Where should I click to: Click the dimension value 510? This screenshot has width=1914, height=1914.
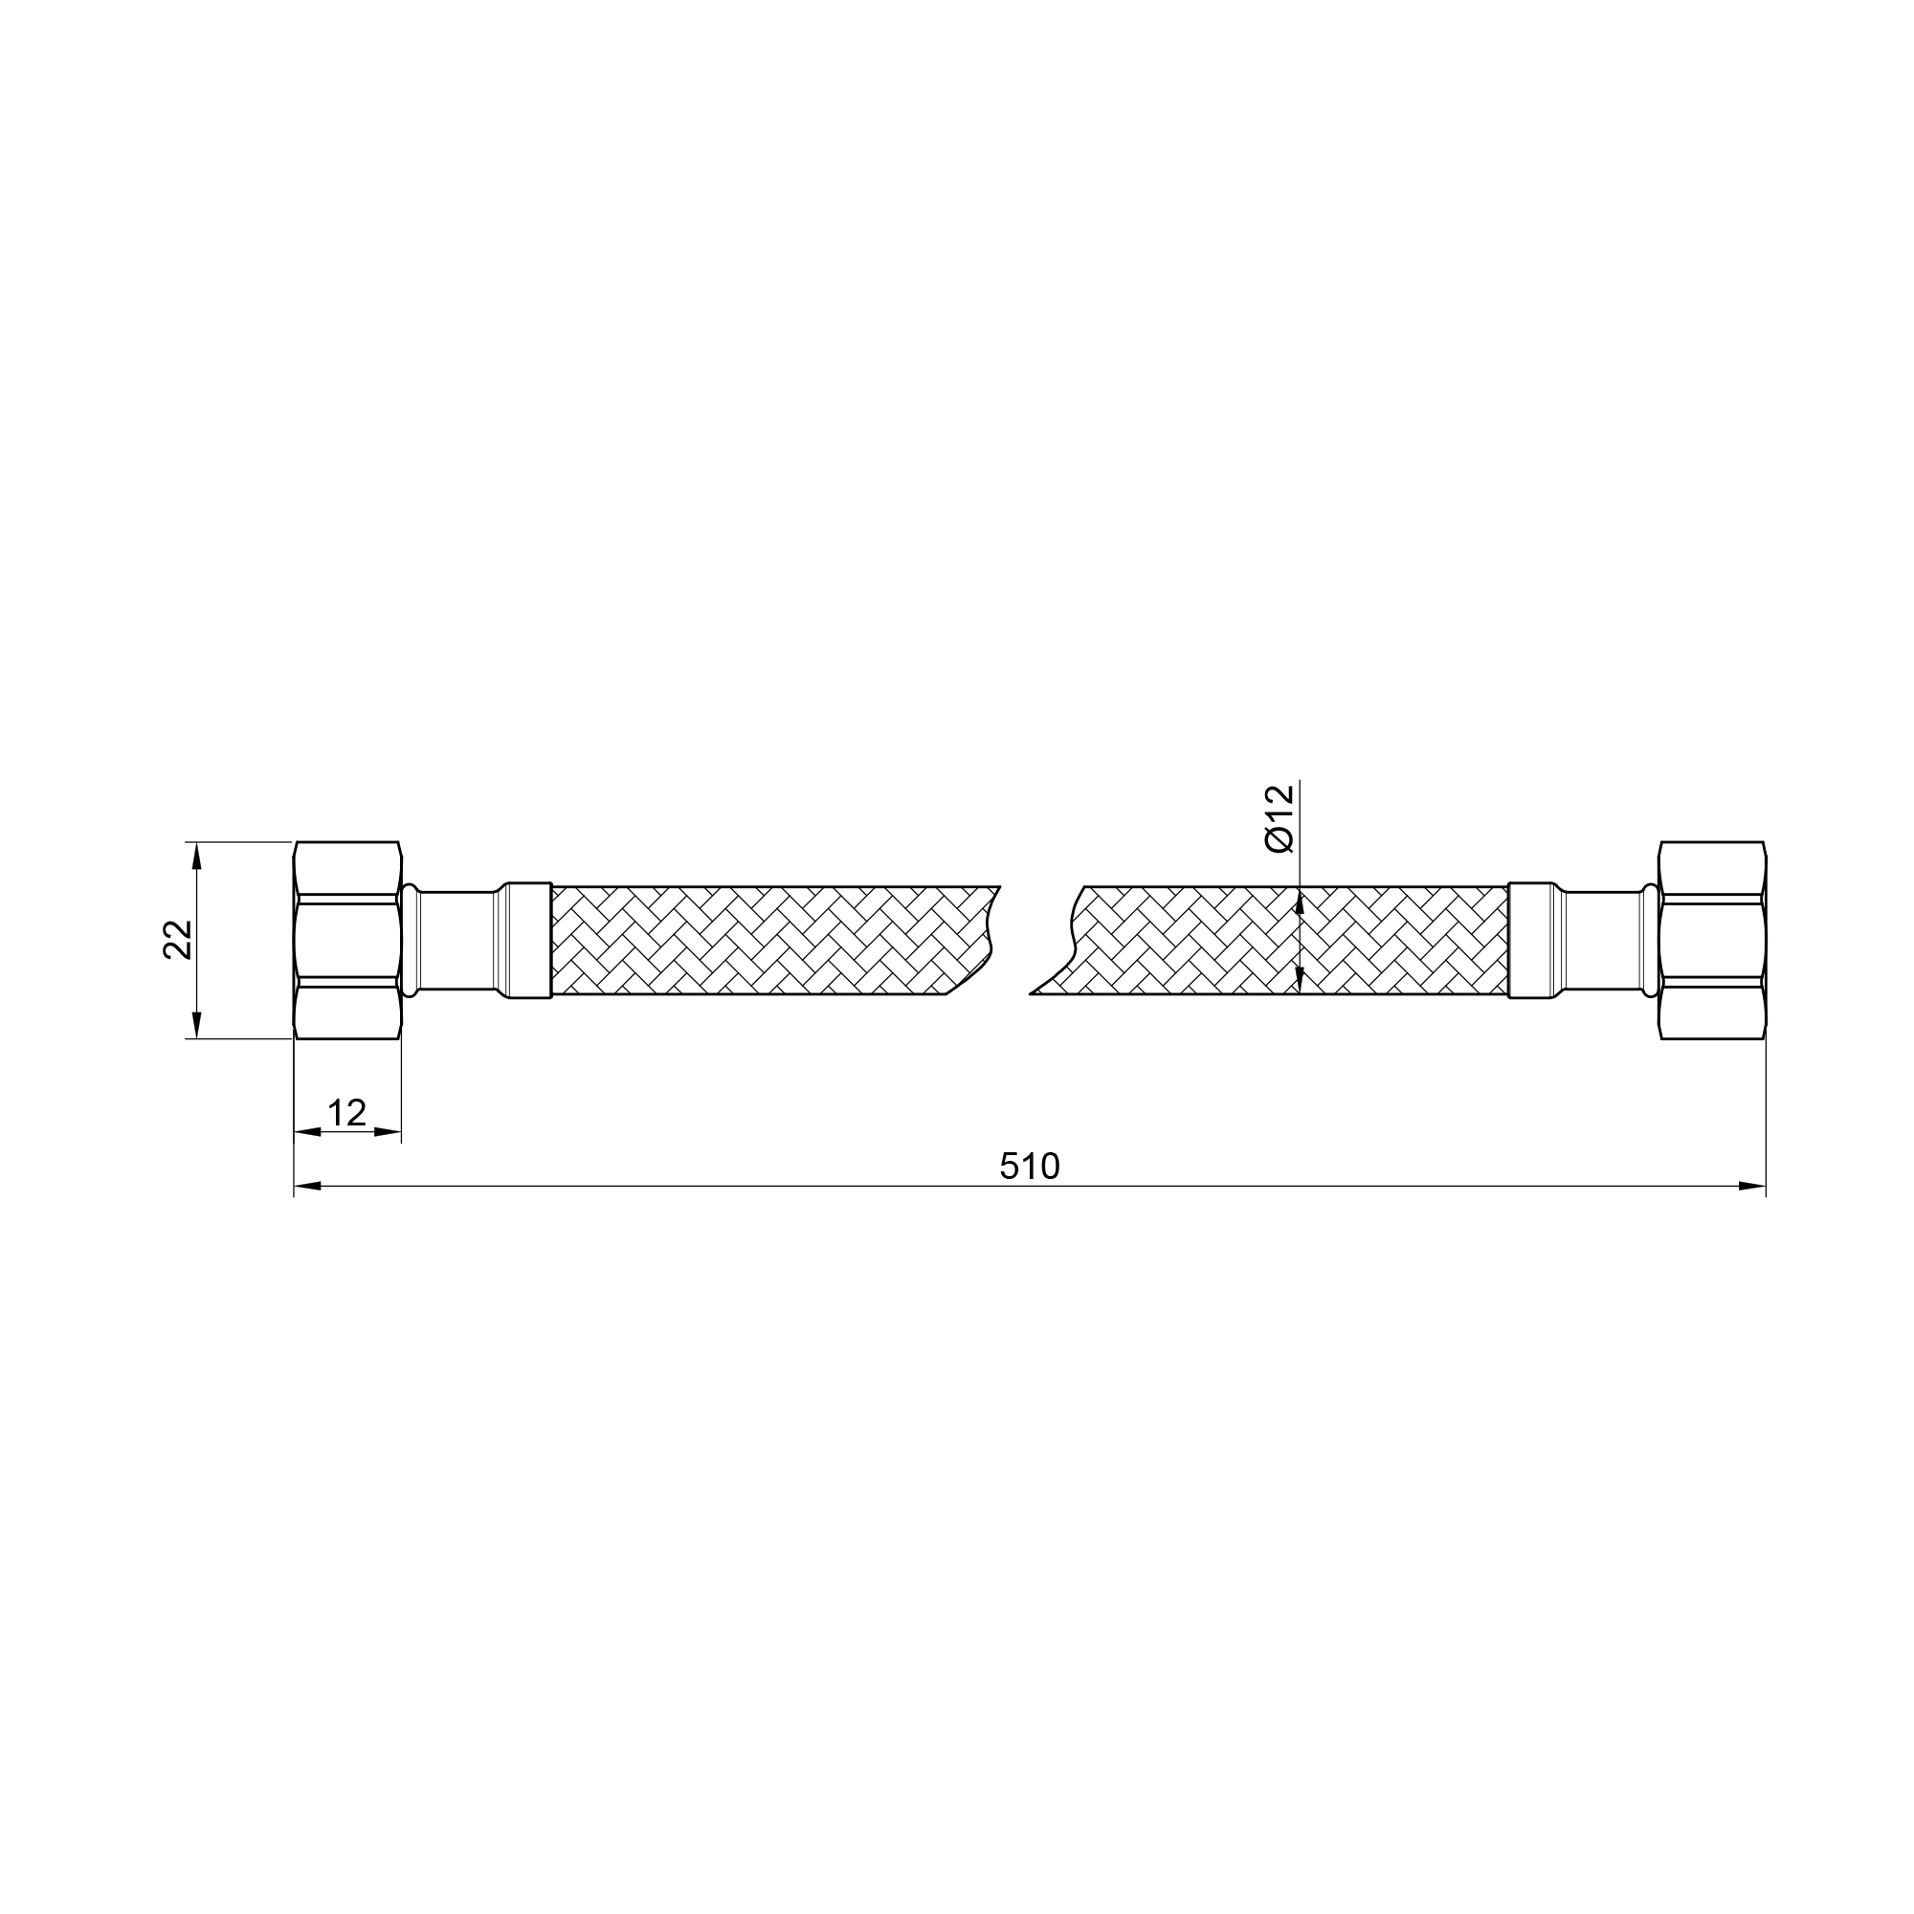pos(1030,1166)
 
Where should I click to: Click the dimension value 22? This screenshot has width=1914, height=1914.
pos(177,940)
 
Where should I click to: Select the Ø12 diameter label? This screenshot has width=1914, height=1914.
pos(1279,818)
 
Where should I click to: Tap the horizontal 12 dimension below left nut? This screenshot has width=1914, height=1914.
pos(346,1113)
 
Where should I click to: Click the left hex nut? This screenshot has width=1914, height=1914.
pos(347,940)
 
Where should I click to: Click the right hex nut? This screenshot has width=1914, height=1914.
pos(1712,940)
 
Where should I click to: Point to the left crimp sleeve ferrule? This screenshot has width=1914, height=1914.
pos(528,940)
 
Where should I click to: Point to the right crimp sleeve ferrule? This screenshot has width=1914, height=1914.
pos(1531,940)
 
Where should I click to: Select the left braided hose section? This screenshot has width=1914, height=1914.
pos(772,940)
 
